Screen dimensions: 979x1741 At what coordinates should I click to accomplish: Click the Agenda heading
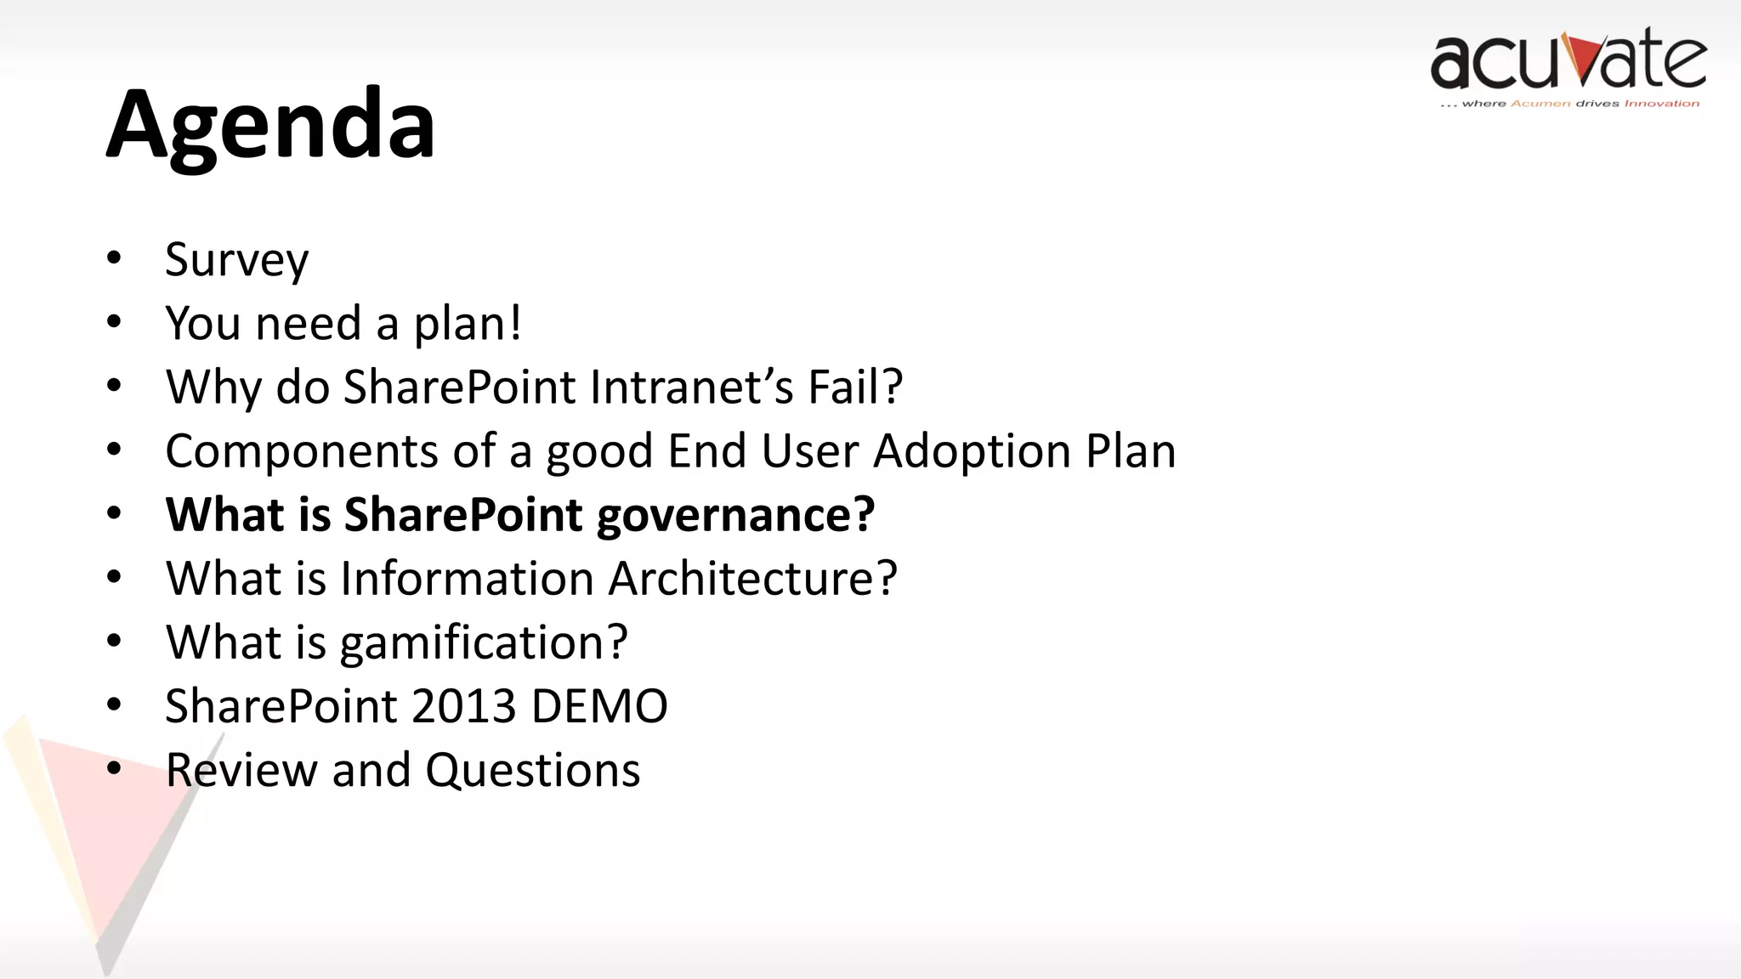point(270,126)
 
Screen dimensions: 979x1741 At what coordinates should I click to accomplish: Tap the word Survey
point(236,259)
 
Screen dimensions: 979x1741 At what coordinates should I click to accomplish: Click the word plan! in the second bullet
point(468,324)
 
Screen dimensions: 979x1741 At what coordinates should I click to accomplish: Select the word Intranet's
point(691,387)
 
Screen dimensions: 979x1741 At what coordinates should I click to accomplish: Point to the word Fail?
point(854,387)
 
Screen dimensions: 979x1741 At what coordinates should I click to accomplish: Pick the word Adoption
point(972,450)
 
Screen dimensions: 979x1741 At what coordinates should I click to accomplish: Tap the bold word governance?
point(735,515)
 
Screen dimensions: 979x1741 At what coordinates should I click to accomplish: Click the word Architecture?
point(752,579)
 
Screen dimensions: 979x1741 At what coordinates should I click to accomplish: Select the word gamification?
point(483,643)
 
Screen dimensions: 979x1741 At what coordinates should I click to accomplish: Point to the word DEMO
point(599,706)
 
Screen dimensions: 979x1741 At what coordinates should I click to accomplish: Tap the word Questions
point(532,770)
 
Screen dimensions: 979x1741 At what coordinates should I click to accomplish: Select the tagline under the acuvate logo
point(1569,104)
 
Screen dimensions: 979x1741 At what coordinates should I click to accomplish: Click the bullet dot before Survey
point(114,257)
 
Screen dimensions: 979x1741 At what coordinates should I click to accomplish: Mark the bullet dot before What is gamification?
point(114,641)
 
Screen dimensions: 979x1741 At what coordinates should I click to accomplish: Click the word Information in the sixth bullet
point(467,579)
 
